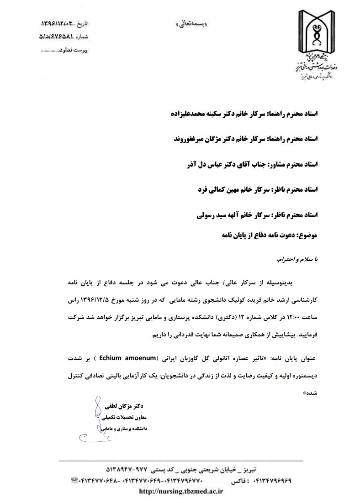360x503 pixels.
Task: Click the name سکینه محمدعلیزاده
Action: point(196,113)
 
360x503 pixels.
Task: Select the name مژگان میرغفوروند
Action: point(197,138)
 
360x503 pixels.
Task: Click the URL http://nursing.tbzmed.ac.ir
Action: point(180,491)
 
